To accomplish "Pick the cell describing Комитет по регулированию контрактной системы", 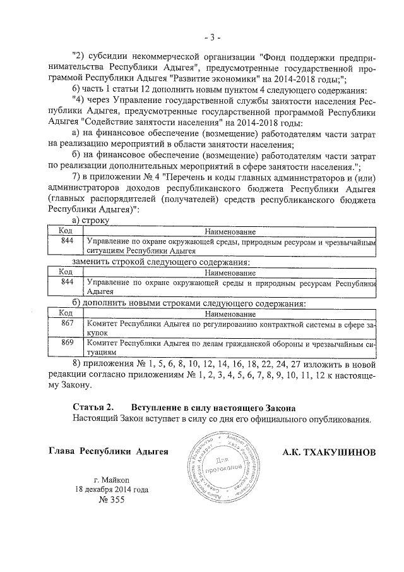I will (230, 327).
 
